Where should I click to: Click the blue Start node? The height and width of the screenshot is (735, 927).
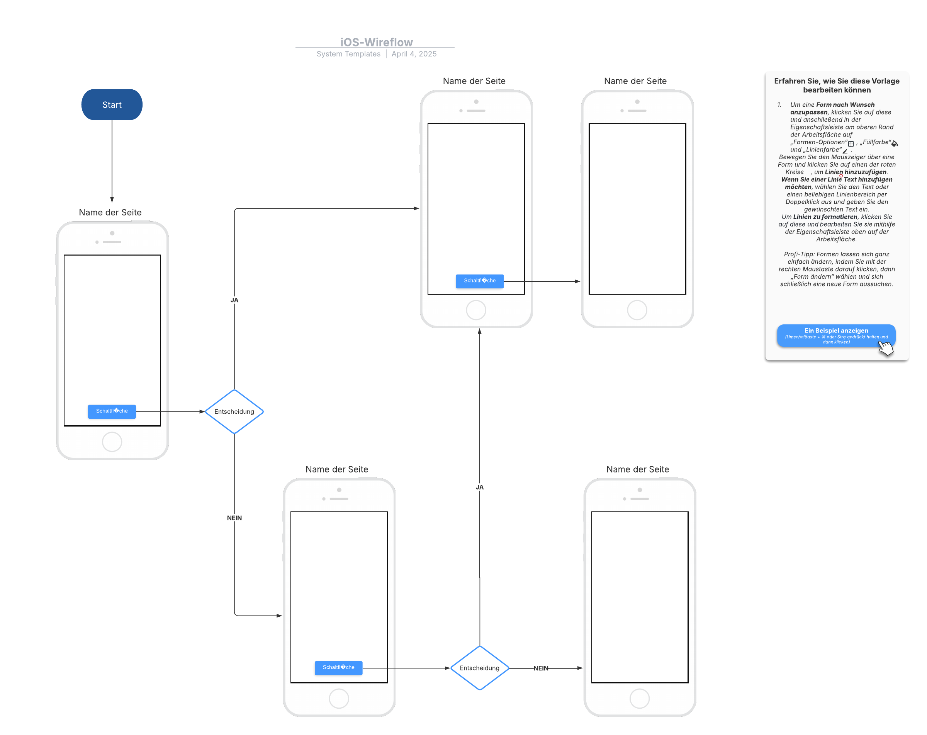coord(112,104)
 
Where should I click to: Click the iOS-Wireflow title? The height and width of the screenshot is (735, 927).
coord(376,42)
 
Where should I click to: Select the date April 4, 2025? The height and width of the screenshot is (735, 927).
coord(414,54)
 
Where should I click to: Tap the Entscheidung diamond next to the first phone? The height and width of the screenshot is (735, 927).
coord(234,411)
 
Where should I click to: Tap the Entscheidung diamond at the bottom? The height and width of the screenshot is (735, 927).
coord(479,668)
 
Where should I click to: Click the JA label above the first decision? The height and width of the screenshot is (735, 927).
coord(234,300)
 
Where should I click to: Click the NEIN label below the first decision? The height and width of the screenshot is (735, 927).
coord(234,518)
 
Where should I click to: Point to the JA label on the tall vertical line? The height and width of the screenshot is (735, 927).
coord(479,487)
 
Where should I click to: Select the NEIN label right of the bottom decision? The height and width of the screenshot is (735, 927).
coord(540,668)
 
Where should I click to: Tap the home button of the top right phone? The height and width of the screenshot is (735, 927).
coord(637,310)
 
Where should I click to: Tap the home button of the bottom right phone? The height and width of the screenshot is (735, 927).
coord(639,698)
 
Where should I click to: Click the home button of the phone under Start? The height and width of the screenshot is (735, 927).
coord(112,442)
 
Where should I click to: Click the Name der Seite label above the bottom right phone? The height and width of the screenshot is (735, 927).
coord(637,469)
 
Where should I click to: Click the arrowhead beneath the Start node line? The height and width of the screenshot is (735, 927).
coord(112,199)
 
